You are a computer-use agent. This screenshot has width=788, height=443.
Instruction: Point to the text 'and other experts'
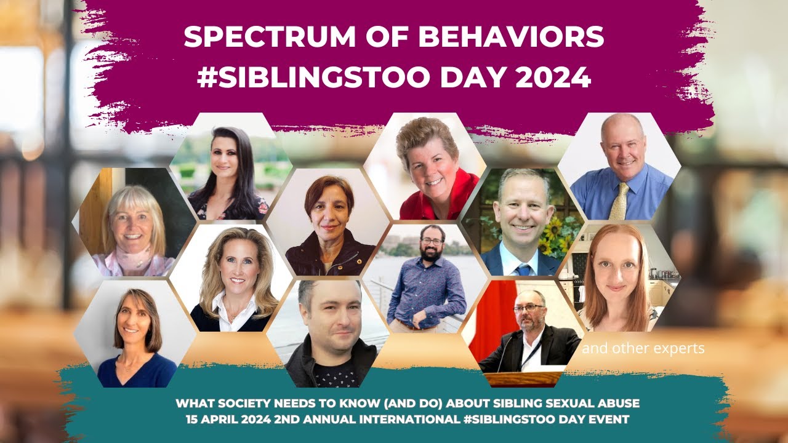(643, 349)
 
